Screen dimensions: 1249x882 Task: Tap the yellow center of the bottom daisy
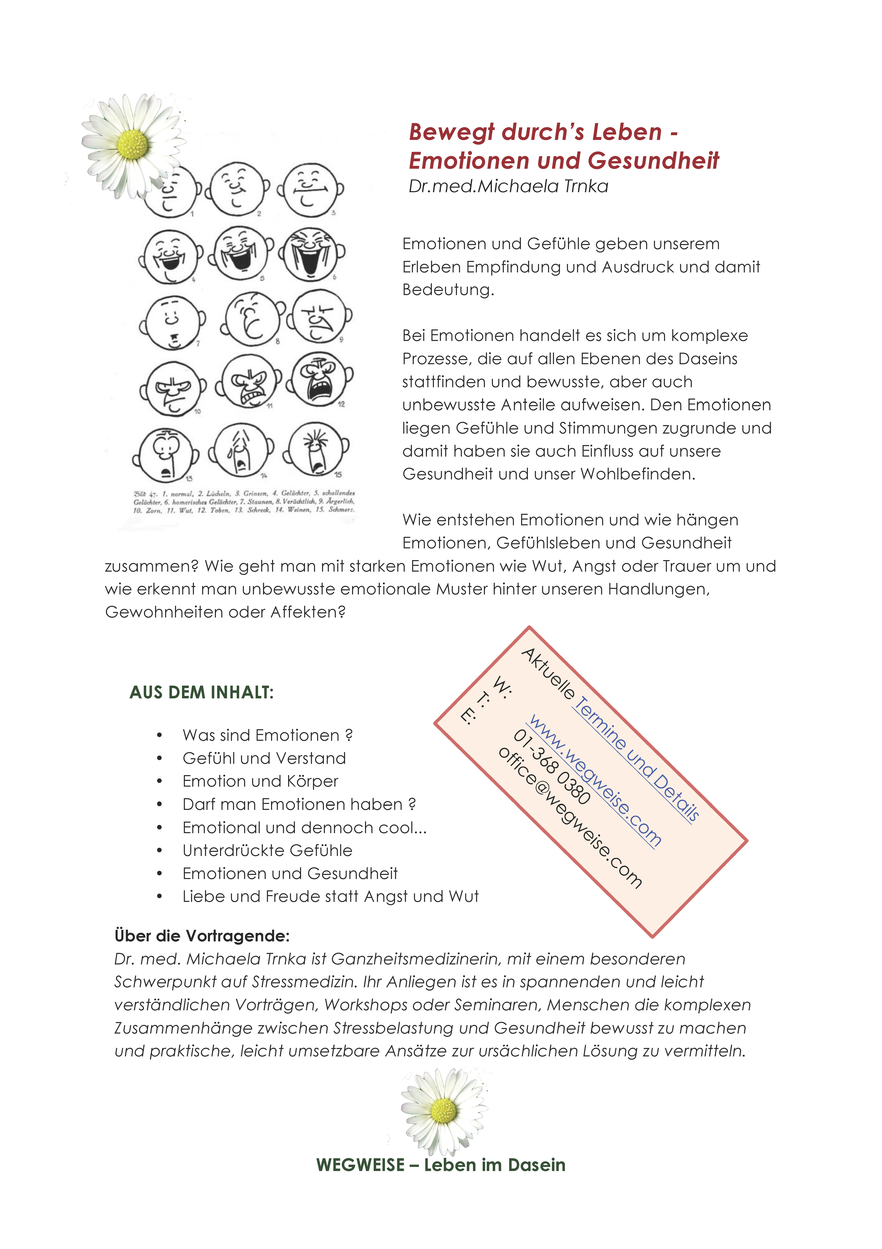[443, 1110]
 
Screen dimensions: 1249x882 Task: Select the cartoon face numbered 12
[320, 378]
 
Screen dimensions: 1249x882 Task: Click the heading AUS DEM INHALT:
[201, 692]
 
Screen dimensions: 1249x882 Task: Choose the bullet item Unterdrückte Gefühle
[267, 850]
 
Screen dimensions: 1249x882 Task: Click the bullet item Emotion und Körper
[260, 781]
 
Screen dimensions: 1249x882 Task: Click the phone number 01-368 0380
[551, 767]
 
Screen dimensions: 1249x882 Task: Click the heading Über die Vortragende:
[202, 936]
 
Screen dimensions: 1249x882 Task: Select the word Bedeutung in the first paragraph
[447, 290]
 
